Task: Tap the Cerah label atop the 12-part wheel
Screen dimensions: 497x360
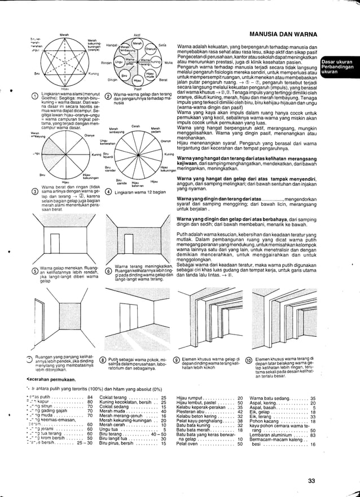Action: pos(135,125)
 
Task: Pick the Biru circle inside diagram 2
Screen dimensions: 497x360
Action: pos(126,74)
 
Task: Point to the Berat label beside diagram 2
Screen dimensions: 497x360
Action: pos(164,80)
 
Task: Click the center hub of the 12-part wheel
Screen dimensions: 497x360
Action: pos(135,154)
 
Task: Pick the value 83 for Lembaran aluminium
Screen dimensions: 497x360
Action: pos(313,435)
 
